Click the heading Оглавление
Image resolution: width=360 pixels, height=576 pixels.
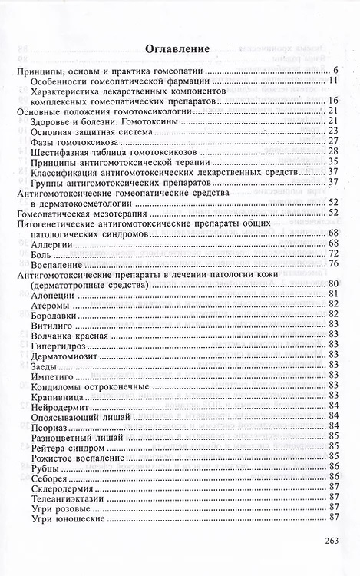[180, 49]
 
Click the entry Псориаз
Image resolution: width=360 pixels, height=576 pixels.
[51, 425]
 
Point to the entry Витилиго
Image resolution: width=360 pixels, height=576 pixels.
[52, 324]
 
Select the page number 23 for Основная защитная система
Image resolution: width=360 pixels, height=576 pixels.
[333, 131]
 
